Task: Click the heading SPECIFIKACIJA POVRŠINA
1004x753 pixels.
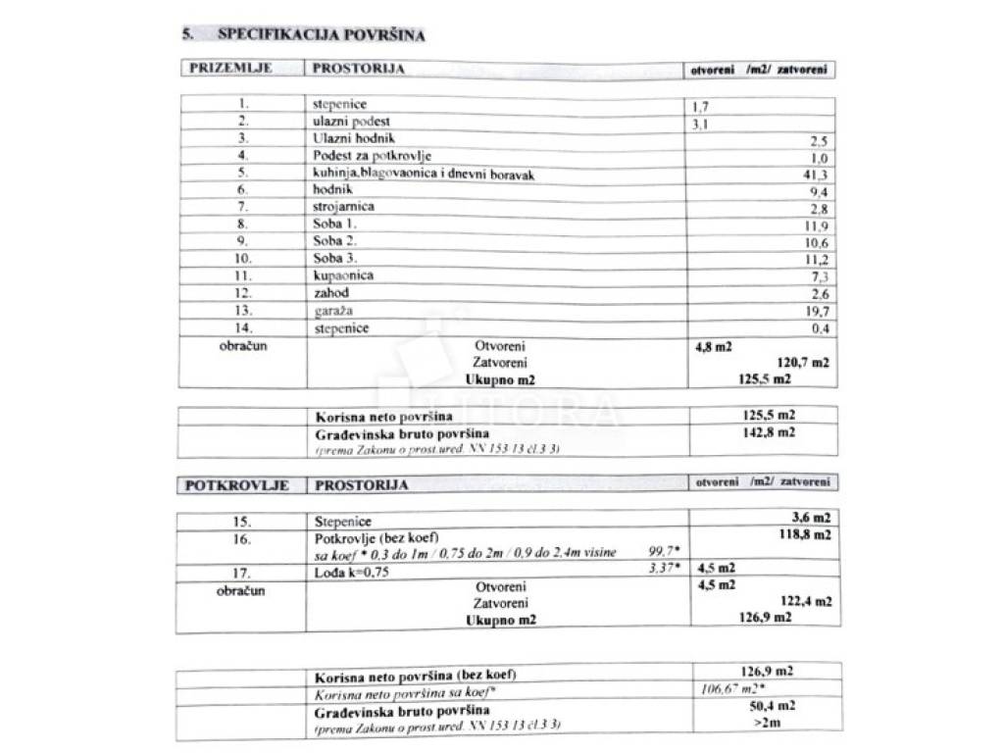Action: (x=321, y=34)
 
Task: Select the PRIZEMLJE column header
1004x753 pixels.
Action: (x=225, y=69)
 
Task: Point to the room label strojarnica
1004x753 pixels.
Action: (x=343, y=207)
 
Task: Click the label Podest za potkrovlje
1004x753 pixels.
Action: (x=372, y=156)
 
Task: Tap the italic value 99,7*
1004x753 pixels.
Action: (x=666, y=553)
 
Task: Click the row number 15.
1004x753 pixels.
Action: (x=243, y=521)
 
